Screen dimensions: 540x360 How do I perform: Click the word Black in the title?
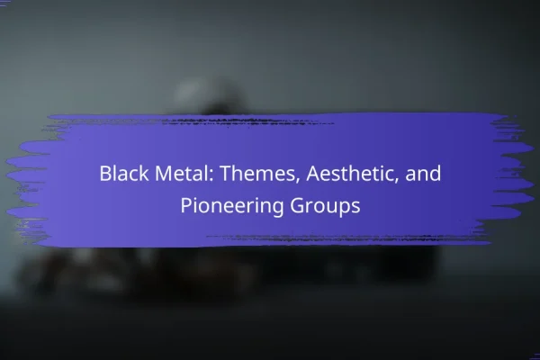pos(124,173)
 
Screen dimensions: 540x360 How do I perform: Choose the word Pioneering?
pos(232,206)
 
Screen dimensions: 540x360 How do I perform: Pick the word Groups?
pos(325,206)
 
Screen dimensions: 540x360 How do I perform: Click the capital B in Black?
pos(105,174)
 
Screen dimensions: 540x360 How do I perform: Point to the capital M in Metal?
pos(163,174)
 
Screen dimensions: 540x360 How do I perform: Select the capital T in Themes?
pos(226,174)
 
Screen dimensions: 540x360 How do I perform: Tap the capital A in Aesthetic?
pos(314,174)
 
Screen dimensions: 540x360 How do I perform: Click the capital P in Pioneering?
pos(186,206)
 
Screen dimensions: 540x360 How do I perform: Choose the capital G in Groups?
pos(297,206)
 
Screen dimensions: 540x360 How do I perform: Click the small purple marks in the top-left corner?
pos(4,4)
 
